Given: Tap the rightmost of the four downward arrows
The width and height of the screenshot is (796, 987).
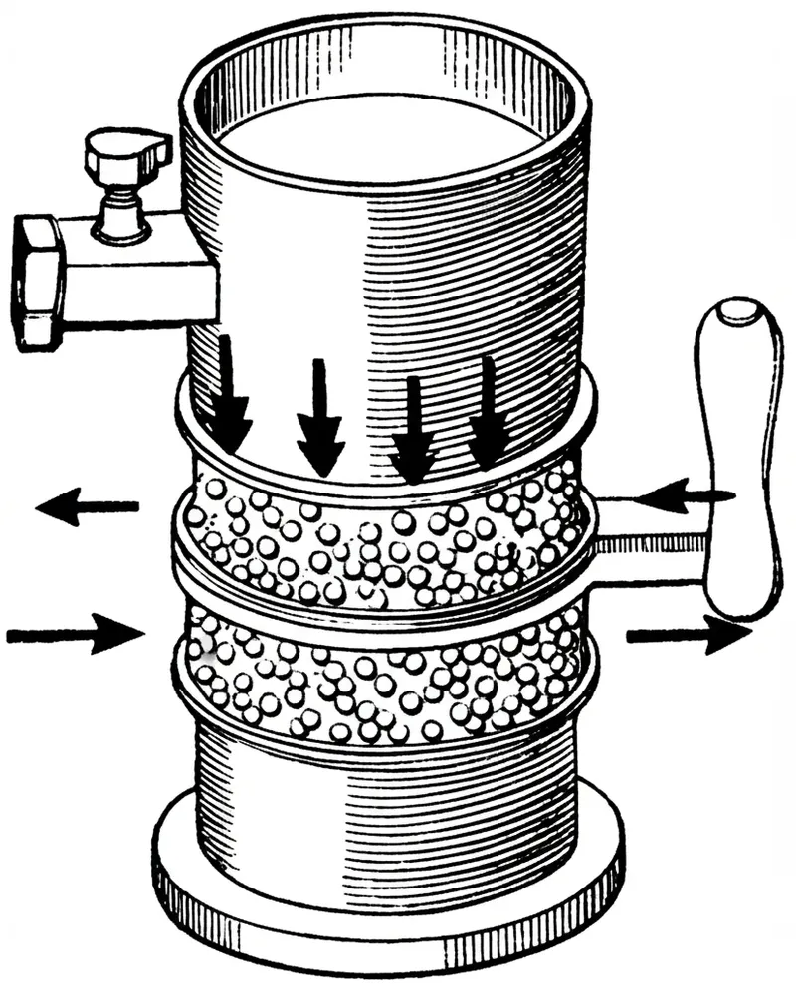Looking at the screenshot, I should [488, 413].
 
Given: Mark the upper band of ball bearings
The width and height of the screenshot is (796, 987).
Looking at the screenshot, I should [388, 542].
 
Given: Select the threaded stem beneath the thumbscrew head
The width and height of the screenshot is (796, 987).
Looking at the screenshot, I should [121, 204].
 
